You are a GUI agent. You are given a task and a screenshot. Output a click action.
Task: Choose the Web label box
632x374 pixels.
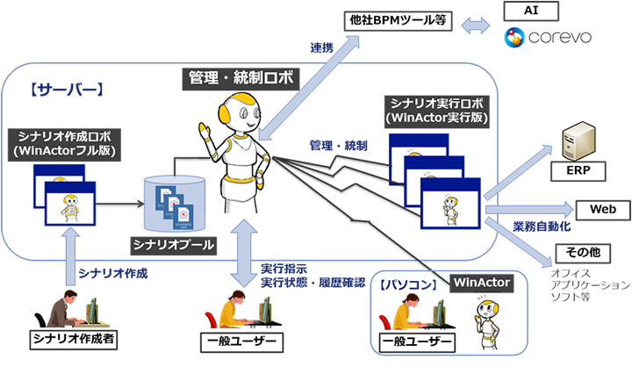coord(597,211)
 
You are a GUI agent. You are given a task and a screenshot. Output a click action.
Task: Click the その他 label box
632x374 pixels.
coord(582,252)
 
